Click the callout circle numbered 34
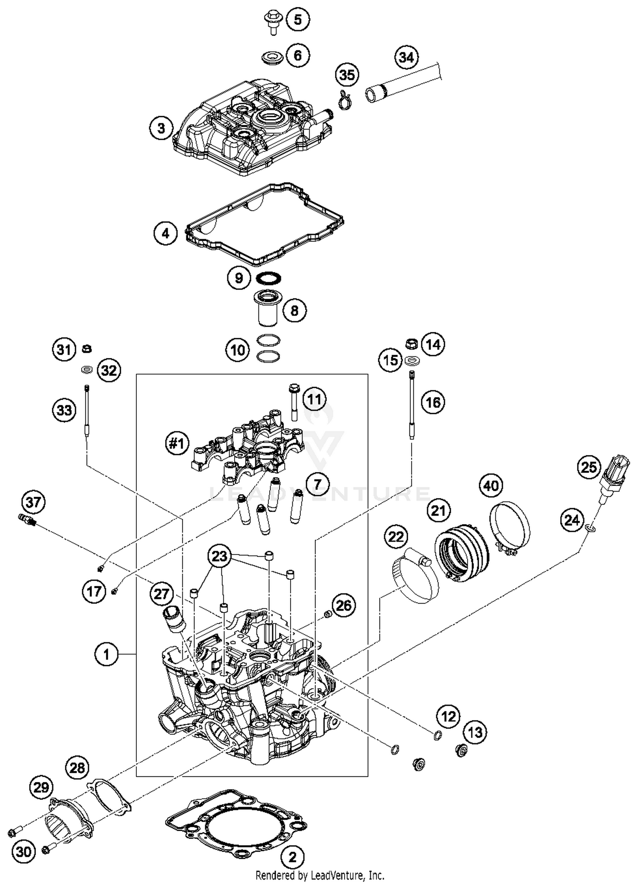pos(406,57)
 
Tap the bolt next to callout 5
pos(271,22)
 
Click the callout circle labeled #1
pos(177,443)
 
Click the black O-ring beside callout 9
pos(268,278)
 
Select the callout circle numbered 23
pos(220,556)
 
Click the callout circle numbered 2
pos(292,856)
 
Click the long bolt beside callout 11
pos(294,401)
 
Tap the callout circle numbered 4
pos(165,233)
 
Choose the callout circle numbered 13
pos(475,732)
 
